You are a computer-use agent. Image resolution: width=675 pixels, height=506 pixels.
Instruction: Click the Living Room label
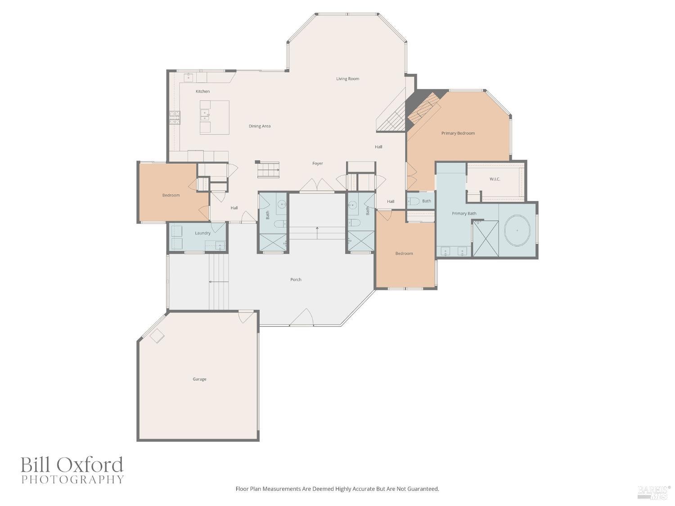pos(347,79)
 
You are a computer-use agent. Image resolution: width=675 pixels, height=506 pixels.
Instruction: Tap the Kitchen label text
pos(202,91)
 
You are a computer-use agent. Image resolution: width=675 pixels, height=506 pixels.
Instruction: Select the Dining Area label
pos(260,126)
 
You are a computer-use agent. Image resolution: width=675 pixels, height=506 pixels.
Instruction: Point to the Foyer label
pos(318,164)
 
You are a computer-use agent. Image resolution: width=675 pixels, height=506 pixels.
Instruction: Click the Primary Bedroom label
pos(458,133)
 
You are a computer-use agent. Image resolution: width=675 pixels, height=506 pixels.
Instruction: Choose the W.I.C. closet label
pos(495,179)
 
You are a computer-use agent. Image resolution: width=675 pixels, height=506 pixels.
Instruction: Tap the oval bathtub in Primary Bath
pos(517,230)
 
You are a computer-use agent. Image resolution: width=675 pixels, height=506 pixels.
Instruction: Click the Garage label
pos(199,379)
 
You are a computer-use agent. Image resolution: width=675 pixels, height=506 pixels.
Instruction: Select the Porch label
pos(296,280)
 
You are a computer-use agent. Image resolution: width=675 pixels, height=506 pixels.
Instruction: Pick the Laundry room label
pos(202,233)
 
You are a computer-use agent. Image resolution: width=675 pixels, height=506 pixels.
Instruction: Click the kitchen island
pos(215,117)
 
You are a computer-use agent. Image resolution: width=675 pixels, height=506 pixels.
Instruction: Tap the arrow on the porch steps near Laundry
pos(219,282)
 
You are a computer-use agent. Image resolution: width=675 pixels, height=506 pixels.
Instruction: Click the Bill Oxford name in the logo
pos(72,465)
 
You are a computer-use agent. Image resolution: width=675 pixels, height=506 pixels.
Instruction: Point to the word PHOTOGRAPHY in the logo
pos(72,479)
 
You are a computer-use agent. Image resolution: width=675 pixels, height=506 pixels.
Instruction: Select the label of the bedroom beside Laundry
pos(171,195)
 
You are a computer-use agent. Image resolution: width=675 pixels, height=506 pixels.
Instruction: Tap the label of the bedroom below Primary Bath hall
pos(404,254)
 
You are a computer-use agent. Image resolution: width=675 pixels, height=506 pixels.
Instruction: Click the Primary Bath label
pos(464,214)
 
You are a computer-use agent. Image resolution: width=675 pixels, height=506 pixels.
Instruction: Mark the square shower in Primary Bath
pos(485,238)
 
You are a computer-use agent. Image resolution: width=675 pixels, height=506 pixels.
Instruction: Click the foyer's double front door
pos(317,185)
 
